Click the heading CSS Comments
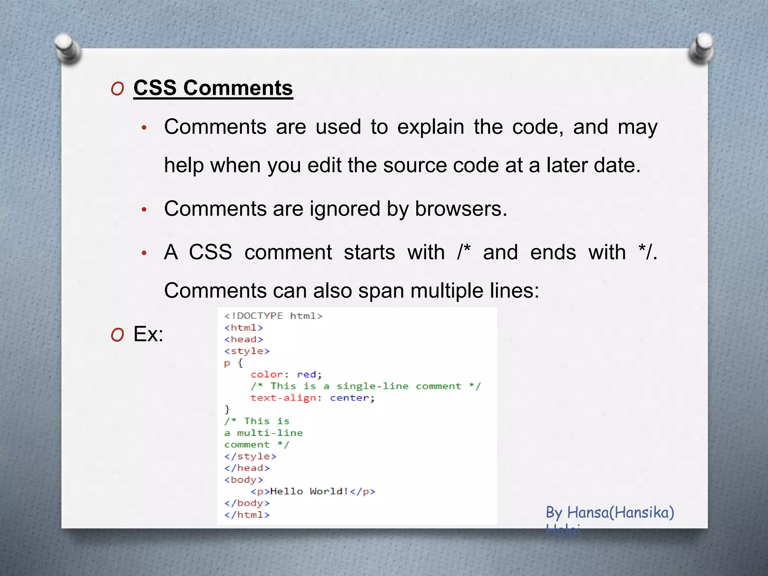tap(213, 88)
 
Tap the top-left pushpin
tap(67, 48)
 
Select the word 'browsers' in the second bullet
tap(460, 209)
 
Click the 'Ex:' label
tap(148, 334)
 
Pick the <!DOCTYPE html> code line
tap(273, 316)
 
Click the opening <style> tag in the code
tap(247, 351)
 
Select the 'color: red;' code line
tap(286, 375)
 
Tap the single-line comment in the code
tap(366, 386)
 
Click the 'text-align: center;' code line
tap(312, 398)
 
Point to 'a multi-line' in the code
tap(264, 433)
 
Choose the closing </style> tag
tap(250, 456)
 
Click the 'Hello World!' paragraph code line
tap(313, 492)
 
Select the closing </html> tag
tap(247, 515)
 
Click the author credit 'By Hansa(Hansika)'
tap(610, 512)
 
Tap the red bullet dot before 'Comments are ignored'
tap(144, 210)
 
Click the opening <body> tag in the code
tap(244, 480)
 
